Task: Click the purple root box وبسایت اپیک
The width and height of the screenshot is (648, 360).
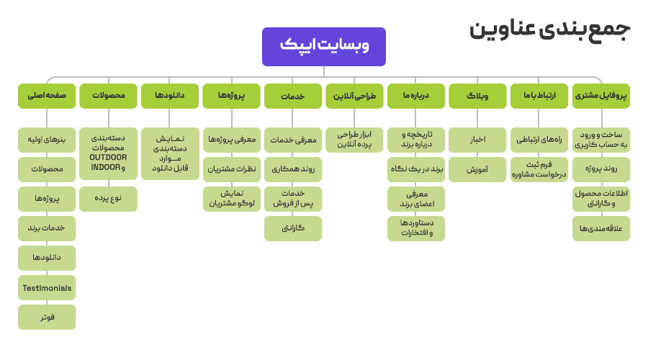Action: click(x=323, y=46)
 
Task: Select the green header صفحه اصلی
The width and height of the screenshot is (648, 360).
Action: click(x=47, y=96)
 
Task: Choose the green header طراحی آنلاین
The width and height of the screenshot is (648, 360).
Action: click(x=354, y=96)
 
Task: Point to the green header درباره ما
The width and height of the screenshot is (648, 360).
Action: click(x=415, y=96)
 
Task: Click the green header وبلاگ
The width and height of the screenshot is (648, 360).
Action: click(x=477, y=96)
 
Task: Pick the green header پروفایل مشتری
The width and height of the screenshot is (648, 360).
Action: click(x=600, y=96)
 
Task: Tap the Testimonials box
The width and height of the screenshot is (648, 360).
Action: click(x=47, y=288)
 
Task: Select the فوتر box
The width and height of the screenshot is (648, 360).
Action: click(x=47, y=317)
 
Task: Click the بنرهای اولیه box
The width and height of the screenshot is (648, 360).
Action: click(x=47, y=139)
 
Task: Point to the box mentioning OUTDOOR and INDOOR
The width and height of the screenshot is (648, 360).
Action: click(x=108, y=153)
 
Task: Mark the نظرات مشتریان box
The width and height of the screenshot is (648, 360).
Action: click(x=231, y=169)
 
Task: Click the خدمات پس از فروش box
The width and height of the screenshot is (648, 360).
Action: click(x=293, y=199)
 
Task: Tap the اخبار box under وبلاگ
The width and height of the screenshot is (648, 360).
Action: click(x=477, y=139)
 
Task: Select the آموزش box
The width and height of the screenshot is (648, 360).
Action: click(x=477, y=169)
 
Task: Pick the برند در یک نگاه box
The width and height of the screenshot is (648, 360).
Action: click(x=415, y=169)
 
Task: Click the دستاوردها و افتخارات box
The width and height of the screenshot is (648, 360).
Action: click(x=415, y=228)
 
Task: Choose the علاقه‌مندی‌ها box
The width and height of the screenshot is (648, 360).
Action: click(x=600, y=228)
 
